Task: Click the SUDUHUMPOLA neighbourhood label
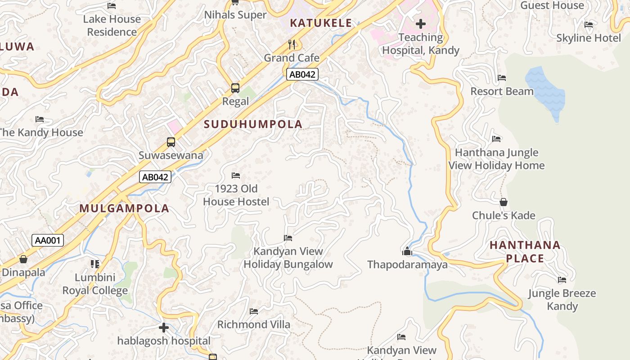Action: pos(253,124)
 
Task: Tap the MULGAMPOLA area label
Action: pos(124,208)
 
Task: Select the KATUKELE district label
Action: pos(321,23)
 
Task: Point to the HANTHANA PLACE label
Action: pos(525,252)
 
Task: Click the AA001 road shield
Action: pos(48,240)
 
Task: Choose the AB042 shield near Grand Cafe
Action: pos(302,74)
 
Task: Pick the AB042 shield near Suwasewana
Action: pos(155,177)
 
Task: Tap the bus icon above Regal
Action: pos(235,88)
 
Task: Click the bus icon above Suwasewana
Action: pos(171,142)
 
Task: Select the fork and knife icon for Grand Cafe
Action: pos(292,44)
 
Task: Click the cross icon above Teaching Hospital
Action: pos(421,23)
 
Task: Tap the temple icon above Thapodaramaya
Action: pos(407,251)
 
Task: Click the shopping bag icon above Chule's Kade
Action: pos(504,202)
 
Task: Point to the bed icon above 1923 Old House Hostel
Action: pos(236,175)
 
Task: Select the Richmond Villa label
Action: pos(254,324)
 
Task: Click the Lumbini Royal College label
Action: pos(95,284)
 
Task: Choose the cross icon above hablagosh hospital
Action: pos(164,327)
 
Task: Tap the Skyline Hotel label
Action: pos(588,38)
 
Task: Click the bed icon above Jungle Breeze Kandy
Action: pos(562,280)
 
